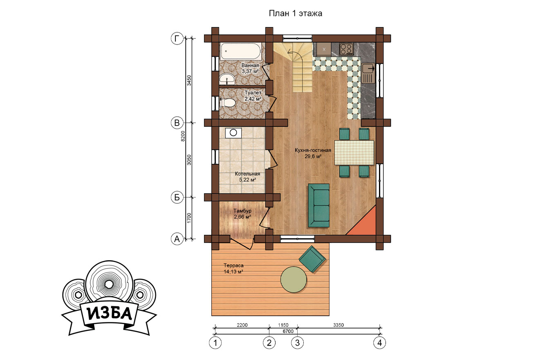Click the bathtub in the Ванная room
pos(240,52)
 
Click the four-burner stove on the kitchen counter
pos(346,49)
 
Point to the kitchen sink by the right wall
pos(368,73)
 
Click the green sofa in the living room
pos(319,205)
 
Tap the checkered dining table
pos(354,153)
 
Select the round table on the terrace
pos(294,279)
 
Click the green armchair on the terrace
pos(312,259)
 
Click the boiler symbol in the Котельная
pos(233,133)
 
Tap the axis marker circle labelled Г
pos(177,38)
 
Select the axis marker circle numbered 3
pos(297,343)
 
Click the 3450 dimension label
pos(189,81)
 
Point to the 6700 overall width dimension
pos(288,331)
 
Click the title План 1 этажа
pos(295,13)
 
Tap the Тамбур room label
pos(242,211)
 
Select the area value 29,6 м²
pos(313,156)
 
